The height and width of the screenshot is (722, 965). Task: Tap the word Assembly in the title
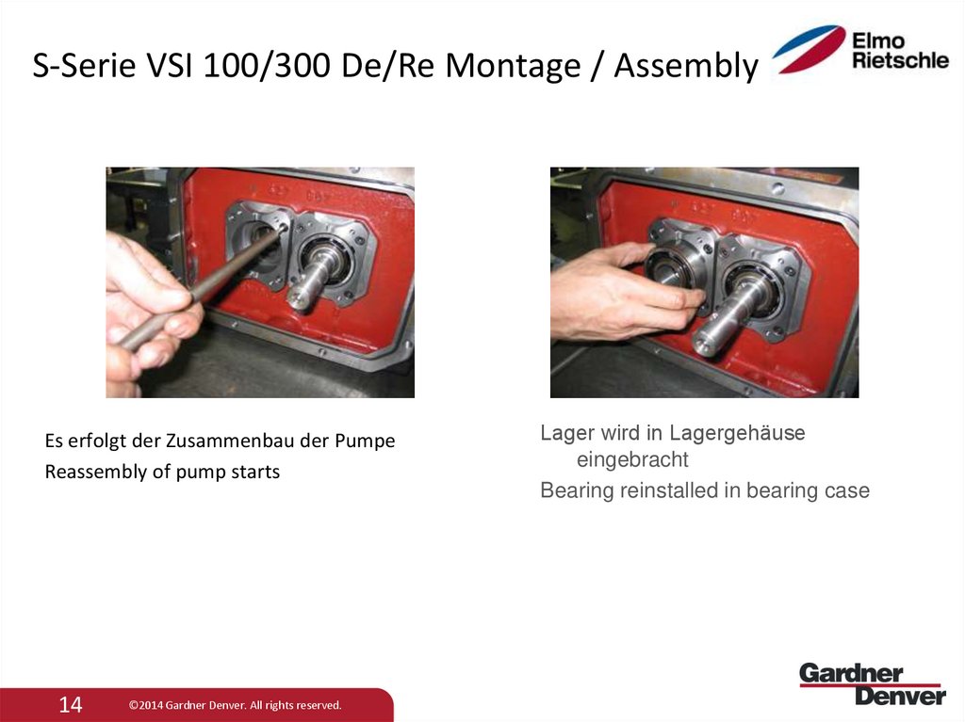point(685,66)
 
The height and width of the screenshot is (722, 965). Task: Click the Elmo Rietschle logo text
point(899,51)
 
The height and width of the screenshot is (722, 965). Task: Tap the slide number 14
point(72,704)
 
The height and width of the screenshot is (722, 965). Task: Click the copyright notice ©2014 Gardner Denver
point(235,705)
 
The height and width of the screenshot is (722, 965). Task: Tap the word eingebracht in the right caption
point(632,460)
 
